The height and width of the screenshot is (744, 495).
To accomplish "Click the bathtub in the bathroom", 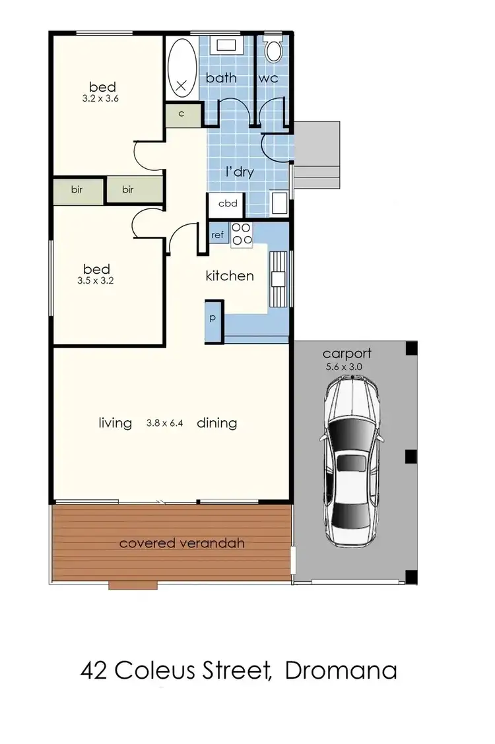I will click(181, 68).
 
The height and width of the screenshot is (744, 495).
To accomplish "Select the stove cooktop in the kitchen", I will click(242, 234).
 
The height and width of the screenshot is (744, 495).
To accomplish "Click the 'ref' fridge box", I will click(218, 235).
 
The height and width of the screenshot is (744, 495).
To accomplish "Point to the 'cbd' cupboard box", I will click(227, 204).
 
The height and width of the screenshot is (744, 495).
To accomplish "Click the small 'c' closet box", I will click(181, 113).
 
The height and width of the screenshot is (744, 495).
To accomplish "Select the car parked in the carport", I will click(351, 460).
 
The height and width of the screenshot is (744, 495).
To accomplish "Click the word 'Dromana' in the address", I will click(341, 671).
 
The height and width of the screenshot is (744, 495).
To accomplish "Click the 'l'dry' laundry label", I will click(238, 173).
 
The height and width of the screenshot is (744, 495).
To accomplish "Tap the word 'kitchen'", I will click(230, 276).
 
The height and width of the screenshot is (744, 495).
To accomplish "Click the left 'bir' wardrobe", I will click(77, 189).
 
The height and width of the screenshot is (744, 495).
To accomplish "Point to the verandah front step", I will click(133, 584).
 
